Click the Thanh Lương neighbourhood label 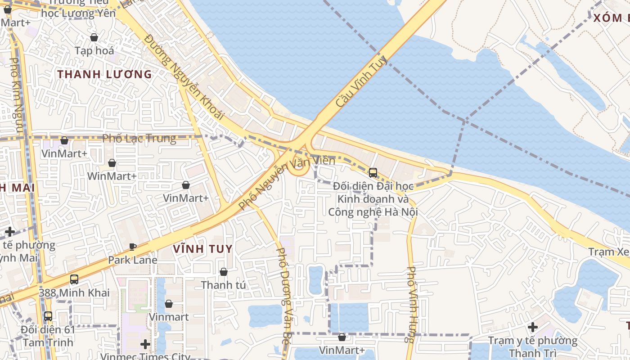coord(104,74)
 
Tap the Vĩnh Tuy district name coord(202,248)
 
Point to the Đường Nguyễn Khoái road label coord(184,77)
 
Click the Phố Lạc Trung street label coord(139,138)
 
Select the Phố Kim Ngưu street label coord(16,94)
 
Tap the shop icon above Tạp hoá coord(94,37)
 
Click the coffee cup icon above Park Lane coord(132,247)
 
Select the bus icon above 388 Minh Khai coord(74,279)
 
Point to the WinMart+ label coord(112,176)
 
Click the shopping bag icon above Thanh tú coord(223,272)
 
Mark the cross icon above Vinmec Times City coord(145,344)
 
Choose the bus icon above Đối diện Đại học coord(373,172)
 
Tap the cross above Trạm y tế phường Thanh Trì coord(533,327)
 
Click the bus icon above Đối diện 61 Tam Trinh coord(48,316)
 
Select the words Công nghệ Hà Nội coord(373,211)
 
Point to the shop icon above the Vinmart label coord(168,304)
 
